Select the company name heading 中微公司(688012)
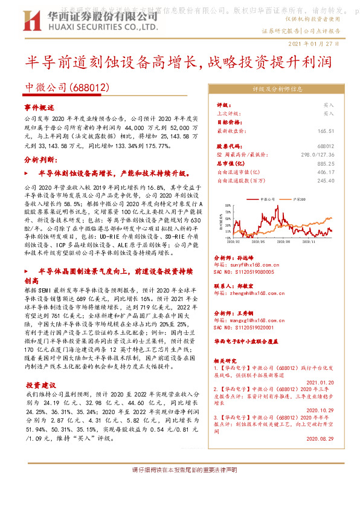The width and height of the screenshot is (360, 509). point(66,87)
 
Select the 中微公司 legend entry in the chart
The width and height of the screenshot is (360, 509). point(265,198)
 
